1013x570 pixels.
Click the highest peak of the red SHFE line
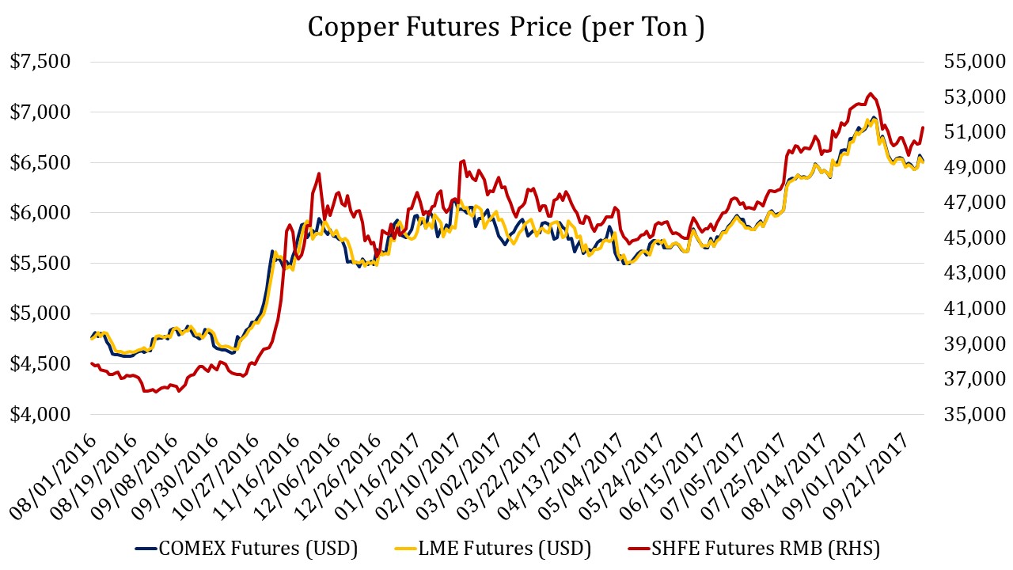[871, 93]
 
